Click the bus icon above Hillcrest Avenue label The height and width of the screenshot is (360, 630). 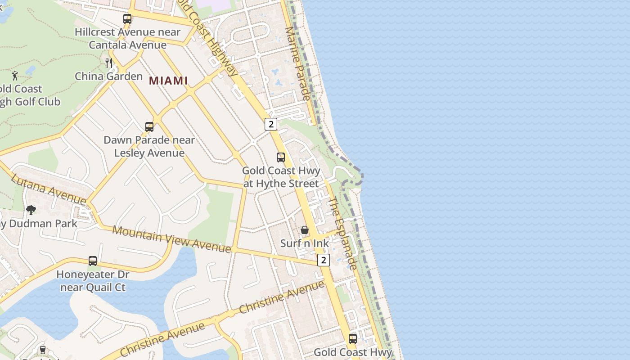[x=127, y=19]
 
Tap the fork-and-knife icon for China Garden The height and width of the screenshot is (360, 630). [x=109, y=63]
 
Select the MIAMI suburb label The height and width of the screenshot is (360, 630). [x=168, y=81]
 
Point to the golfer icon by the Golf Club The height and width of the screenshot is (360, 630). [x=15, y=76]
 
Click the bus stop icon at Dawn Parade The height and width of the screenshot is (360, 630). [x=149, y=127]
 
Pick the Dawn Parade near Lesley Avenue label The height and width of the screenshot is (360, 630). [x=149, y=146]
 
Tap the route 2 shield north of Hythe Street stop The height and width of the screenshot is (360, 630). [x=270, y=124]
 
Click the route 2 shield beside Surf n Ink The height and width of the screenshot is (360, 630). [x=323, y=260]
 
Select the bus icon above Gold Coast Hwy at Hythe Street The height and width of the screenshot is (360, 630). [x=281, y=157]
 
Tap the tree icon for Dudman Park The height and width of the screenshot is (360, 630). [x=31, y=210]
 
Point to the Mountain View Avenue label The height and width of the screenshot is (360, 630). [x=171, y=239]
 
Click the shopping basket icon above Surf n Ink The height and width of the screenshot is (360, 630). [x=305, y=230]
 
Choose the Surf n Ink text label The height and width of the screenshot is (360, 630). [x=305, y=243]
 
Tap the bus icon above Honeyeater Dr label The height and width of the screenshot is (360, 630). [x=93, y=261]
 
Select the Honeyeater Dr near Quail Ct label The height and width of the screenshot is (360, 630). [x=93, y=281]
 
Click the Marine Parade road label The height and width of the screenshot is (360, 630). [x=297, y=63]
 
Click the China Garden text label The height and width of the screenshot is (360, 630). [x=108, y=76]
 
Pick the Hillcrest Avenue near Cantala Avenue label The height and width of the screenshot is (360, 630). [x=127, y=38]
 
